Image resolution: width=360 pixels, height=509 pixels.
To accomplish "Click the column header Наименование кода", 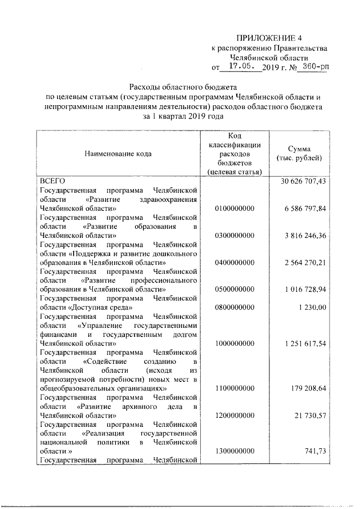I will pos(118,153).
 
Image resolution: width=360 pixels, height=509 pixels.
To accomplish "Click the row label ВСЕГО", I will pos(53,181).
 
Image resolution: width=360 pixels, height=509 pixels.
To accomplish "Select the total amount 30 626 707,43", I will pos(303,181).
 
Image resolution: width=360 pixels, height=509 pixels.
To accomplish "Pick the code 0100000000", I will pos(235,209).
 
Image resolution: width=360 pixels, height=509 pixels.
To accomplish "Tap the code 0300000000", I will pos(235,236).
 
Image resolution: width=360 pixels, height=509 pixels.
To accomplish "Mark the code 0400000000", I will pos(235,263).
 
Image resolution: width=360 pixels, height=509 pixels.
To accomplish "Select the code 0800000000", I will pos(235,307).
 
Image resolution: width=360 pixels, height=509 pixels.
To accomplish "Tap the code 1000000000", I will pos(235,343).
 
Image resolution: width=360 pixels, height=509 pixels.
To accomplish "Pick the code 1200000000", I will pos(235,415).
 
